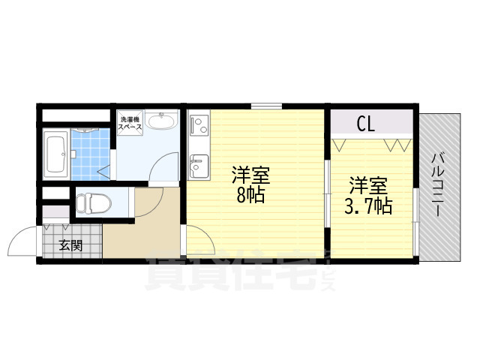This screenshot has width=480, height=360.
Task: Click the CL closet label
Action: tap(366, 122)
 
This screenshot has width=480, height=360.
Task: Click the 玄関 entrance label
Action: tap(71, 244)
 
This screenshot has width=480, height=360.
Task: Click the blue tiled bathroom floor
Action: tap(91, 154)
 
